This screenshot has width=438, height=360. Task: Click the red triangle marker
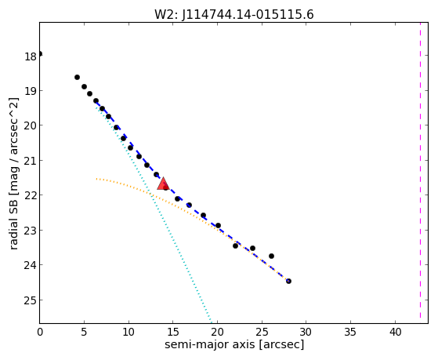[163, 184]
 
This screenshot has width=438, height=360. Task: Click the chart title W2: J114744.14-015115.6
[234, 15]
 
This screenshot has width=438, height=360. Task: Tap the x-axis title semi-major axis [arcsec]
[234, 344]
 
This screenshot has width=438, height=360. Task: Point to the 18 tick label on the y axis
[31, 56]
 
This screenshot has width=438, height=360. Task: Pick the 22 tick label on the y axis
[31, 196]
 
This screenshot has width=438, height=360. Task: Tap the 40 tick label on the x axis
[395, 333]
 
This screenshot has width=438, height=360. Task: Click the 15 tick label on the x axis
[173, 333]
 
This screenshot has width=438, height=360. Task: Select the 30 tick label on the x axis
[306, 333]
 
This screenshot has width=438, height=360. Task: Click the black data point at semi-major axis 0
[40, 53]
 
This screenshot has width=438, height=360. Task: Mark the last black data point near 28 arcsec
[288, 281]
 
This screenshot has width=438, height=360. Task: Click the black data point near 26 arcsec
[271, 256]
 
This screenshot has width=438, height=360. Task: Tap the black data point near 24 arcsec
[252, 248]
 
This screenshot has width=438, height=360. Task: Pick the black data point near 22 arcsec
[235, 245]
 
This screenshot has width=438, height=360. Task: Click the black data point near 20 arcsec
[218, 225]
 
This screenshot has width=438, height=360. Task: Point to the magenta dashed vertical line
[420, 170]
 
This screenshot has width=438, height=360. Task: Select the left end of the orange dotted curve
[96, 179]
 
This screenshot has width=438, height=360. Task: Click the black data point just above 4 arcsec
[77, 77]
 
